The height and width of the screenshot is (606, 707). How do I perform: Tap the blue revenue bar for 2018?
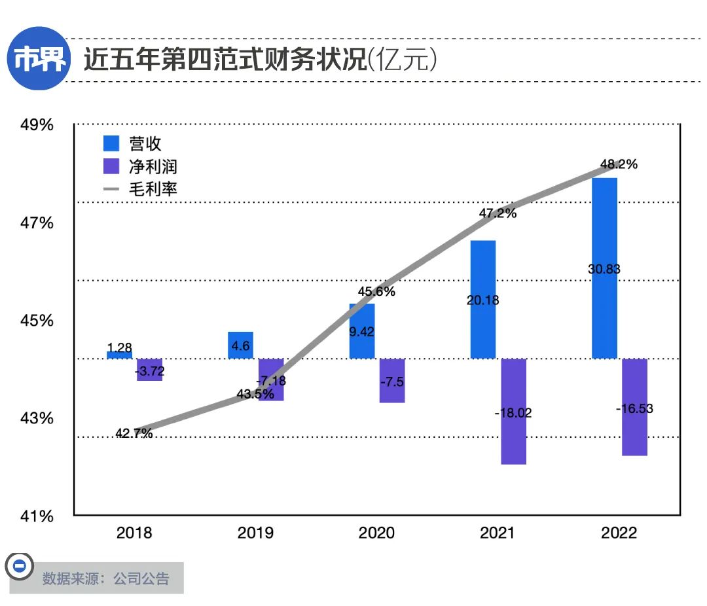click(x=120, y=355)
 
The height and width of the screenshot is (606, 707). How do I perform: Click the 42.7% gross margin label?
click(x=134, y=433)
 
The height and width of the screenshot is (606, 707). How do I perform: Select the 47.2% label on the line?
click(x=498, y=213)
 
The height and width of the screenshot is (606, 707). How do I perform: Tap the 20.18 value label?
click(x=483, y=300)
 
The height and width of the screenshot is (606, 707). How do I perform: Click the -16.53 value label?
click(x=634, y=408)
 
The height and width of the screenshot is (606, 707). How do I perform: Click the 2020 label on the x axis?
click(x=376, y=533)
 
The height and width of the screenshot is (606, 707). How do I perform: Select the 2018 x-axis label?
click(x=134, y=533)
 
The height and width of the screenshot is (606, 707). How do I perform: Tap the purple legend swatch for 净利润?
click(x=112, y=166)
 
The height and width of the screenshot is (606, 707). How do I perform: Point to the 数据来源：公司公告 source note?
click(x=105, y=579)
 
